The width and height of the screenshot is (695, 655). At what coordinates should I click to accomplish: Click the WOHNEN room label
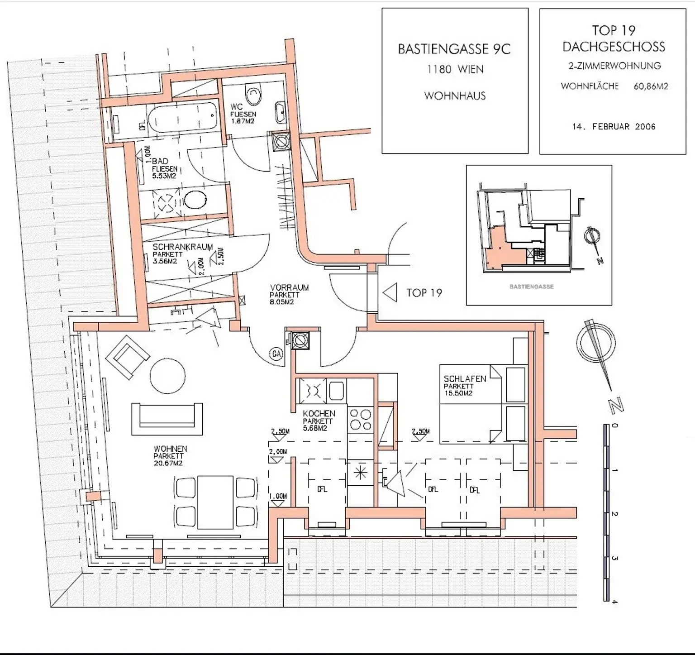[170, 449]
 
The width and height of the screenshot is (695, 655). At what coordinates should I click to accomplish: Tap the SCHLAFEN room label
[465, 379]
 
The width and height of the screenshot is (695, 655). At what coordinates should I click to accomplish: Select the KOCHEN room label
[319, 414]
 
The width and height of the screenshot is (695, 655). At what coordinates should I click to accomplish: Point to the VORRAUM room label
[289, 288]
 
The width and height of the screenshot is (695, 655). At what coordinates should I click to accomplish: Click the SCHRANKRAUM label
[182, 247]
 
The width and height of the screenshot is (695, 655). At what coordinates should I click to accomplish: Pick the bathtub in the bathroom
[183, 117]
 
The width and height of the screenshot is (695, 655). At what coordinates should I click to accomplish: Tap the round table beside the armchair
[167, 376]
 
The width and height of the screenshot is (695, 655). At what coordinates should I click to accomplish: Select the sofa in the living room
[167, 419]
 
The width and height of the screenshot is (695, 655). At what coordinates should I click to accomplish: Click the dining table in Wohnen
[215, 502]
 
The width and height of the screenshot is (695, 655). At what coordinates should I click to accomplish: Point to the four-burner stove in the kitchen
[360, 420]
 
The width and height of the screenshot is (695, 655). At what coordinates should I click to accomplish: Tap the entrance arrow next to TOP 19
[390, 292]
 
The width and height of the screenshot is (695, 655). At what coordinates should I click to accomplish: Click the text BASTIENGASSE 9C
[454, 49]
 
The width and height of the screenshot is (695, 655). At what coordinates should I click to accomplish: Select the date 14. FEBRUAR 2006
[614, 127]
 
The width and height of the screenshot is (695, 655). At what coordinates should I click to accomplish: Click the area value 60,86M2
[651, 86]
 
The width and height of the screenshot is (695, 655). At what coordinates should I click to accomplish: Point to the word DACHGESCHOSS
[614, 47]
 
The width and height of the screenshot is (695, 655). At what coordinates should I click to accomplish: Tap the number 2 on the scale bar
[614, 514]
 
